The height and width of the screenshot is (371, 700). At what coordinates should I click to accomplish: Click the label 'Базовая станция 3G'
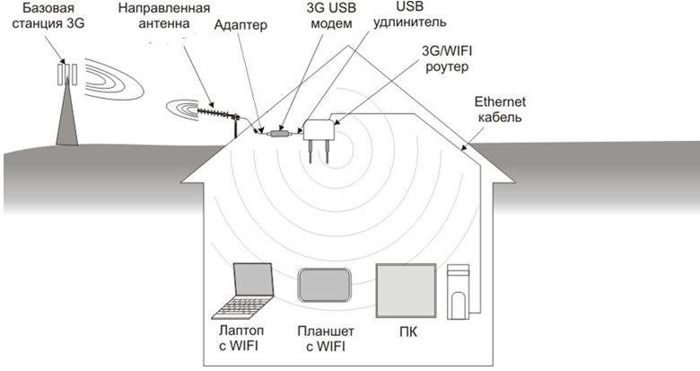pyautogui.click(x=48, y=15)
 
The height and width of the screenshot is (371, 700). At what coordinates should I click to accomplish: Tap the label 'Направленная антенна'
pyautogui.click(x=164, y=15)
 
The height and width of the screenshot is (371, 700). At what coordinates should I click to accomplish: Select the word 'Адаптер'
pyautogui.click(x=241, y=25)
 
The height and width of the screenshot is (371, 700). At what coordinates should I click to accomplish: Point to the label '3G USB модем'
pyautogui.click(x=331, y=15)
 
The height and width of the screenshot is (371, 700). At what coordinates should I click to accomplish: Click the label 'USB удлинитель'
pyautogui.click(x=409, y=14)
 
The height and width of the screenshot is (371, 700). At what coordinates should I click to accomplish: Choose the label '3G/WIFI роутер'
pyautogui.click(x=447, y=59)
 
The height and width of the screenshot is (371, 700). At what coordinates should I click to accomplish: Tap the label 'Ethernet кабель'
pyautogui.click(x=500, y=110)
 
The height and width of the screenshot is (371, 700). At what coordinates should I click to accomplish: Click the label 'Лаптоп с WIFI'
pyautogui.click(x=241, y=338)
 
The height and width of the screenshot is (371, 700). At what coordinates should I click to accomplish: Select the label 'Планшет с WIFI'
pyautogui.click(x=326, y=339)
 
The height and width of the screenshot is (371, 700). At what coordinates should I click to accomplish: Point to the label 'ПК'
pyautogui.click(x=408, y=332)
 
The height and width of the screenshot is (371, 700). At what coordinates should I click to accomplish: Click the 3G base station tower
pyautogui.click(x=67, y=110)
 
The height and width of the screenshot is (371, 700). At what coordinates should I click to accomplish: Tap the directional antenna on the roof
pyautogui.click(x=218, y=114)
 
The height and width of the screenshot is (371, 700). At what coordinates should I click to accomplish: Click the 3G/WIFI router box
pyautogui.click(x=319, y=130)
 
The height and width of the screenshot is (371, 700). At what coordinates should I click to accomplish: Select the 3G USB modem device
pyautogui.click(x=280, y=133)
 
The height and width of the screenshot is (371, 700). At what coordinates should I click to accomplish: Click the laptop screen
pyautogui.click(x=253, y=279)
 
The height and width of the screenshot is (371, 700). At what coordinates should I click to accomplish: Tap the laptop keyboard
pyautogui.click(x=241, y=308)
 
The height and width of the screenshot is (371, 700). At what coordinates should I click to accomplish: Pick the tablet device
pyautogui.click(x=324, y=285)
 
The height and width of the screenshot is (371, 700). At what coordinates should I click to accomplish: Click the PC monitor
pyautogui.click(x=406, y=290)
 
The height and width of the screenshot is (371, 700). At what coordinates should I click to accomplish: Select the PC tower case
pyautogui.click(x=458, y=291)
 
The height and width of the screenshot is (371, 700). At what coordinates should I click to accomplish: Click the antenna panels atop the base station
pyautogui.click(x=67, y=75)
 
